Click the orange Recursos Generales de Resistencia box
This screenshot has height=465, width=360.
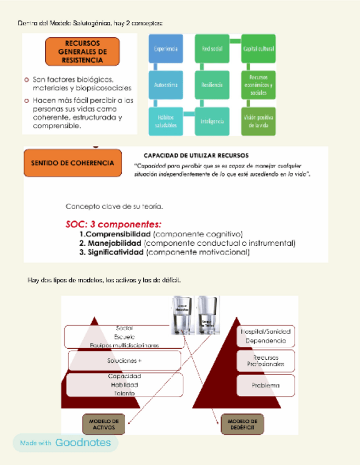[x=82, y=52]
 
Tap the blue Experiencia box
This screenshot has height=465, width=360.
[x=166, y=49]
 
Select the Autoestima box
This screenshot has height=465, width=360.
[x=166, y=85]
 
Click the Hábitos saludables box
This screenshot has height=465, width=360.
[x=166, y=121]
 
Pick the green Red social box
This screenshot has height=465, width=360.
[x=212, y=49]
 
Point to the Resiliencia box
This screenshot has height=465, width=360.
[x=212, y=85]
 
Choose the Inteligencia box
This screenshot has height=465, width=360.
[x=212, y=121]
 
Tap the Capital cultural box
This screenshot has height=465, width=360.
[x=258, y=49]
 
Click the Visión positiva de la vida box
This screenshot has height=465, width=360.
[x=258, y=121]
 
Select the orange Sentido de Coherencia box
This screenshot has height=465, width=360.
[x=73, y=163]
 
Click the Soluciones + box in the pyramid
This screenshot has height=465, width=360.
[x=125, y=361]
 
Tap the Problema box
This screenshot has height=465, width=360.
[x=266, y=385]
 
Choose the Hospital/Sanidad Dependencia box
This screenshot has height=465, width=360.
[x=266, y=336]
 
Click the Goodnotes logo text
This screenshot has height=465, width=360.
[x=83, y=443]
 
